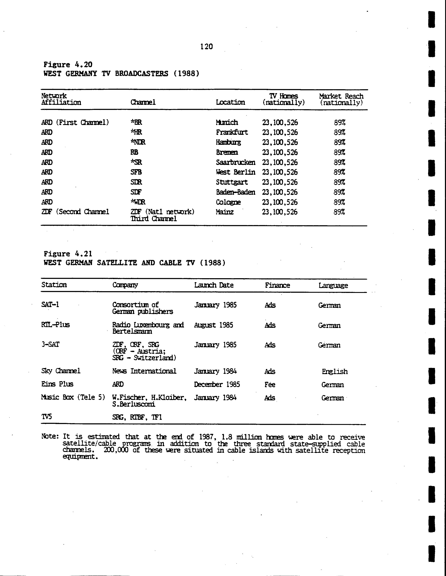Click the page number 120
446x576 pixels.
(206, 47)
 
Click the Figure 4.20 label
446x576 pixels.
(68, 65)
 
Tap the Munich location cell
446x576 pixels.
(227, 122)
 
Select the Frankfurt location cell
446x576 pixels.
(232, 132)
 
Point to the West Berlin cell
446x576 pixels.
(235, 172)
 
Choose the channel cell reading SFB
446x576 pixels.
(136, 172)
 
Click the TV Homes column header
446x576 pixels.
(283, 99)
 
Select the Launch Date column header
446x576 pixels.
(214, 285)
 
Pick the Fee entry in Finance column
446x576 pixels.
(270, 385)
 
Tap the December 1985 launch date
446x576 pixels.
(217, 385)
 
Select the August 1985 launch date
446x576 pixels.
(213, 325)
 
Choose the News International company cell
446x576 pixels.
(144, 371)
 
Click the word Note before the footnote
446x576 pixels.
(50, 436)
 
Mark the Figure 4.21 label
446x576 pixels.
(68, 254)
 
